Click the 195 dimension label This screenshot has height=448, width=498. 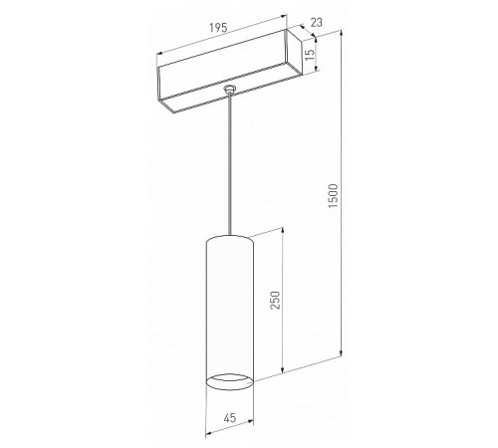coord(218,28)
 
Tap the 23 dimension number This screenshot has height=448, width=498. coord(316,23)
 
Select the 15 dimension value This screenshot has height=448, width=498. coord(310,55)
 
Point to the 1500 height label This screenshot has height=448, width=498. coord(333,196)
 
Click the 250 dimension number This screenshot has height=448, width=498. coord(275,300)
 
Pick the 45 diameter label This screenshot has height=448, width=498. coord(230,418)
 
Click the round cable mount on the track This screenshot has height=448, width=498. coord(229,89)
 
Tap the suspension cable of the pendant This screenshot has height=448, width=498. coord(229,163)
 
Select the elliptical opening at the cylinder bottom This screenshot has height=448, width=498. coord(230,381)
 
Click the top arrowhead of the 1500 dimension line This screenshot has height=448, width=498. coord(341,33)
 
